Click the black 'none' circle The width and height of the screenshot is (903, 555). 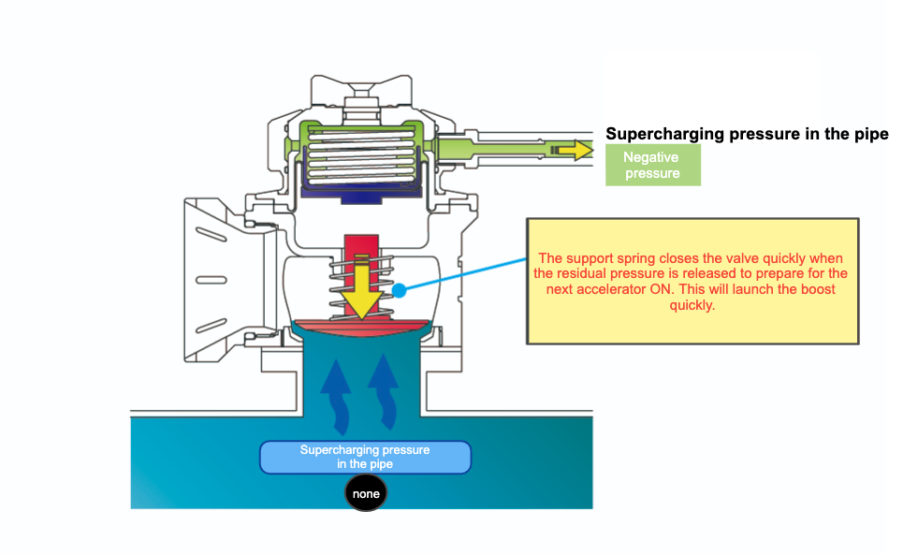tap(365, 492)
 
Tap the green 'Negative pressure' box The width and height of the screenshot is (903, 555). tap(652, 165)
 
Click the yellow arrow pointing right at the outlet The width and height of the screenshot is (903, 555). tap(572, 150)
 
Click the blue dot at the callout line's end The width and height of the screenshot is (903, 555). tap(399, 291)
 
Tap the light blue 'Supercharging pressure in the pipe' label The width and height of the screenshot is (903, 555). tap(365, 457)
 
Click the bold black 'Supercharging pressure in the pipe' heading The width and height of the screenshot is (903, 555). tap(747, 134)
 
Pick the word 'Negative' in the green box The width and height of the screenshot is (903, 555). tap(651, 158)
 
